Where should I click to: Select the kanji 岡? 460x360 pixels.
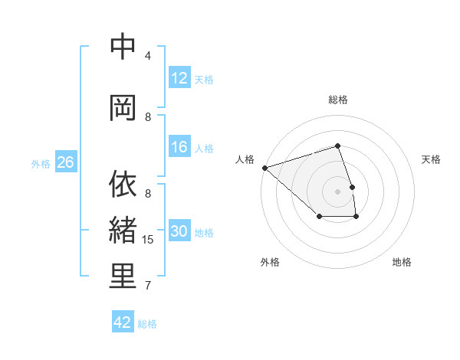coord(123,107)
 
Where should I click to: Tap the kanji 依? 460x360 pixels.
coord(123,184)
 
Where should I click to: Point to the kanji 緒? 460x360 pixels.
coord(123,231)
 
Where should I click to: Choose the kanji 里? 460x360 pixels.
coord(123,277)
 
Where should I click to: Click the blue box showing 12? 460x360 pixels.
coord(179,77)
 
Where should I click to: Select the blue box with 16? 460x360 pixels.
coord(179,148)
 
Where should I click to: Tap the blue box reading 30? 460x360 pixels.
coord(179,231)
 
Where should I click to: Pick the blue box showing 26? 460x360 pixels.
coord(65,162)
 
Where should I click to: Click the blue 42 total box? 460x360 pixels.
coord(123,322)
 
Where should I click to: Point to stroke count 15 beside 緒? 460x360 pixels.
coord(149,240)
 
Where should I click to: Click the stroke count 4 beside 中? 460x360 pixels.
coord(148,55)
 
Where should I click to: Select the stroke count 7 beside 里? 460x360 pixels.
coord(148,286)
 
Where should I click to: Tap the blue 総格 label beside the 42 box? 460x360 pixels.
coord(147,324)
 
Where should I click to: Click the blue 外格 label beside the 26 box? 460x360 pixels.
coord(41,163)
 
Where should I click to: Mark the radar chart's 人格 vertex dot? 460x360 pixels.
coord(264,167)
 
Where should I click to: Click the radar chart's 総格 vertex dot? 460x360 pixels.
coord(337,146)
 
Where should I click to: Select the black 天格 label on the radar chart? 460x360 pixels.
coord(431,159)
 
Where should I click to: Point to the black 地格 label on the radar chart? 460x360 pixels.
coord(402,262)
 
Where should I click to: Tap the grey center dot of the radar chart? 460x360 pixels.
coord(337,191)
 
